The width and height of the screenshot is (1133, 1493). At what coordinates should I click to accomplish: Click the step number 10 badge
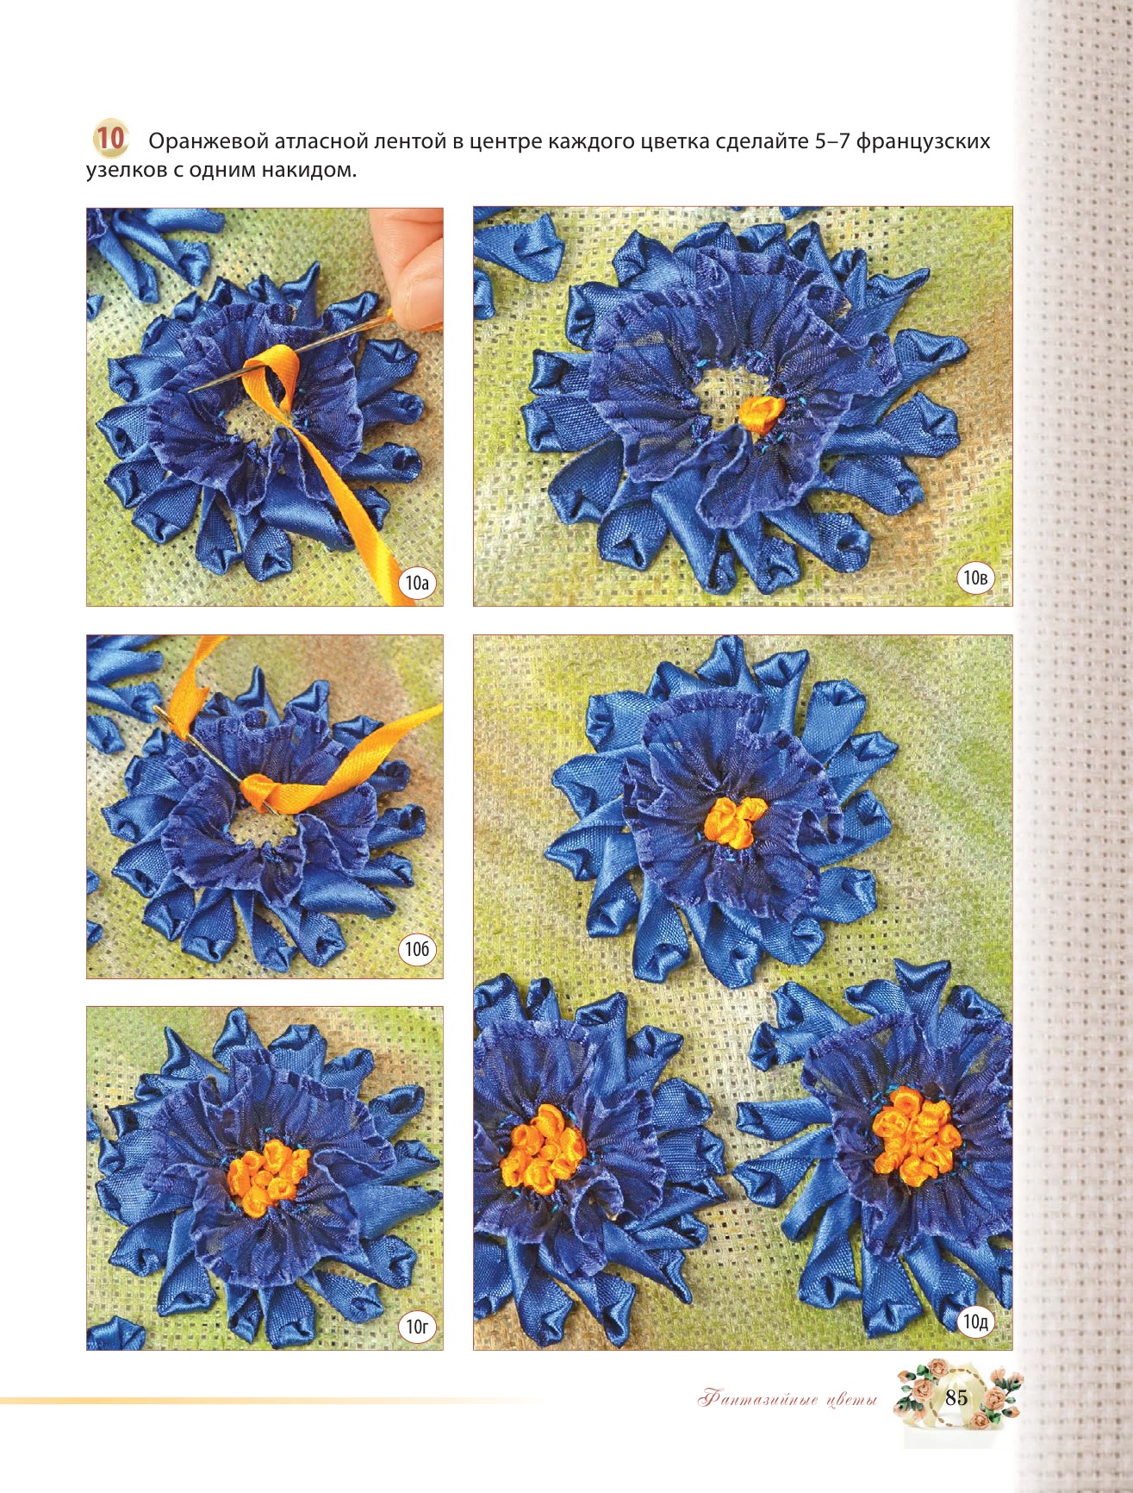coord(109,139)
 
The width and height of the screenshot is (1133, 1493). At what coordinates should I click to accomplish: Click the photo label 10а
coord(417,584)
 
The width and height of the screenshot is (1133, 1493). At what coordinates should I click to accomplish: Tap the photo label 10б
coord(417,949)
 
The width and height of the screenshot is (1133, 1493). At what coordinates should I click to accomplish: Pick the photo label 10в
coord(975,578)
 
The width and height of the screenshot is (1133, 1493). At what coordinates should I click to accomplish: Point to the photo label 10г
coord(417,1327)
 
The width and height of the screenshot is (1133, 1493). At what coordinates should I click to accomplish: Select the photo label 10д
coord(975,1321)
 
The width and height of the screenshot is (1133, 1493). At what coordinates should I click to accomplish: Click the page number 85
coord(956,1397)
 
